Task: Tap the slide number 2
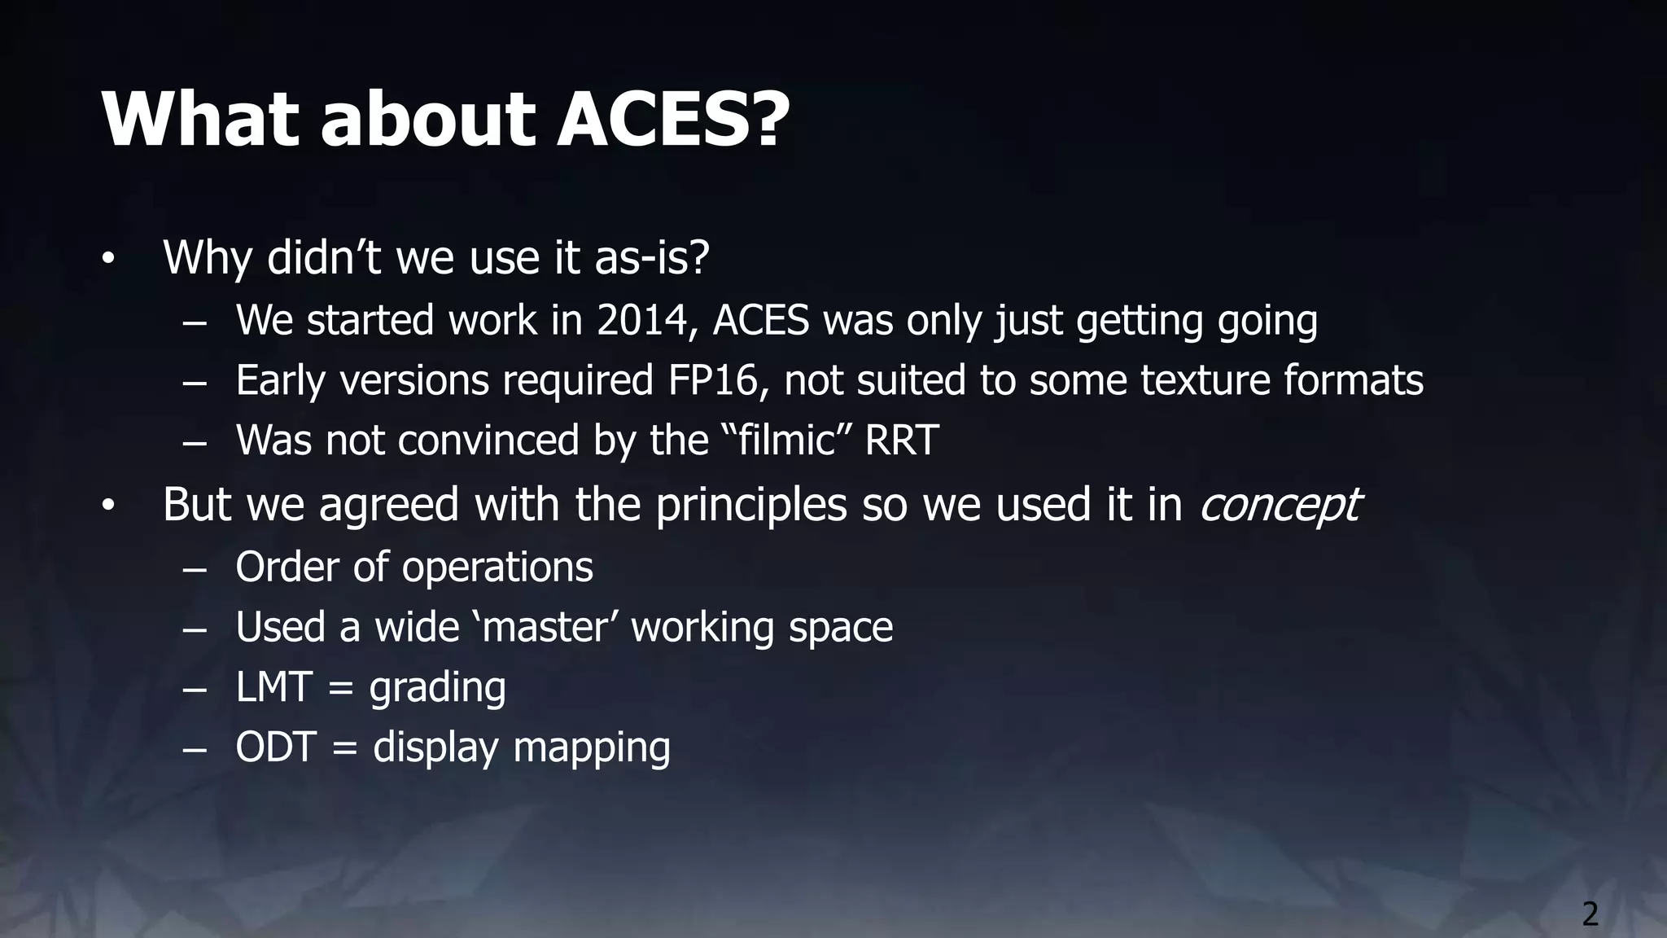pyautogui.click(x=1590, y=914)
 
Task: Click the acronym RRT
pyautogui.click(x=901, y=441)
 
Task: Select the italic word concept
pyautogui.click(x=1279, y=504)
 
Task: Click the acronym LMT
pyautogui.click(x=273, y=687)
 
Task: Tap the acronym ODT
pyautogui.click(x=275, y=747)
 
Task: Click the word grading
pyautogui.click(x=437, y=689)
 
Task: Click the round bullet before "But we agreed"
pyautogui.click(x=109, y=506)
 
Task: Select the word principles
pyautogui.click(x=751, y=504)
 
